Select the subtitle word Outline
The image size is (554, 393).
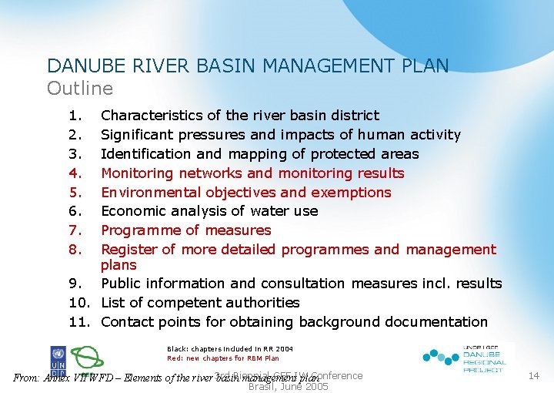tap(80, 88)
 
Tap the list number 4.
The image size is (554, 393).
tap(75, 173)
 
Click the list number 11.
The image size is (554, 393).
tap(78, 322)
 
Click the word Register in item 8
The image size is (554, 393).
tap(128, 250)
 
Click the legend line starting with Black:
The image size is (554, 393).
tap(230, 348)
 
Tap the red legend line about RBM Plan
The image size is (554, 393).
tap(223, 358)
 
